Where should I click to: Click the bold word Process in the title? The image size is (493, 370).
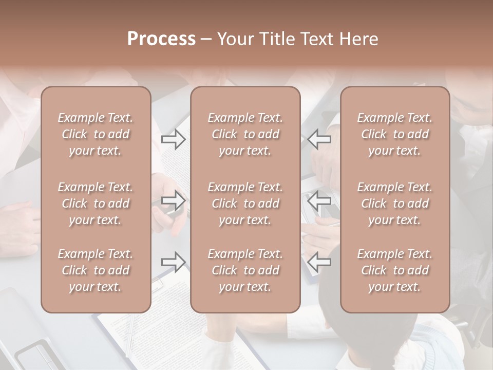(161, 39)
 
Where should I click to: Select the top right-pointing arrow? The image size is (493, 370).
(174, 139)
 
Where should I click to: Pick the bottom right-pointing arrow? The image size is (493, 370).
(174, 262)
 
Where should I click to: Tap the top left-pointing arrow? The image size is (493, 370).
(319, 139)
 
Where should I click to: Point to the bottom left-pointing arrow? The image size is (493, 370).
(319, 262)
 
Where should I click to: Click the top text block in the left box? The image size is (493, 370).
(96, 134)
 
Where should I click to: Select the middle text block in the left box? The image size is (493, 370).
(96, 203)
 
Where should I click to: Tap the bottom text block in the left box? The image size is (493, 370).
(96, 270)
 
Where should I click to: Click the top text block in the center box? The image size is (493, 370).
(245, 134)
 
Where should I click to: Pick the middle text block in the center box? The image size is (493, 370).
(245, 203)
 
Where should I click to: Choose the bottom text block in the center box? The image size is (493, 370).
(245, 270)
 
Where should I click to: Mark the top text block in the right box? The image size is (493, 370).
(395, 134)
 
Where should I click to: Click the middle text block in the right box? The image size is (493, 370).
(395, 203)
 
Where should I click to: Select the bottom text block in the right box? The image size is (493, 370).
(395, 270)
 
